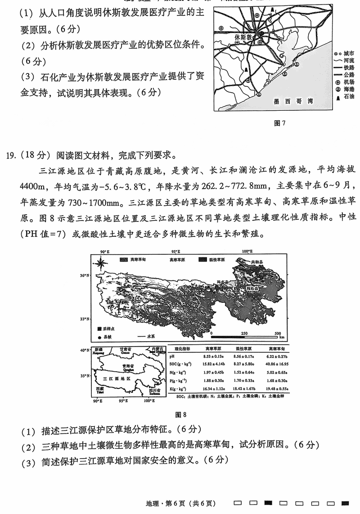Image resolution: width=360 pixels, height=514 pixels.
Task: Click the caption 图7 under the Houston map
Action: coord(280,123)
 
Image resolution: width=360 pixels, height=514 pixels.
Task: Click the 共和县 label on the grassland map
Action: coord(256,262)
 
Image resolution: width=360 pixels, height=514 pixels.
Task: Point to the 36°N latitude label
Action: coord(85,275)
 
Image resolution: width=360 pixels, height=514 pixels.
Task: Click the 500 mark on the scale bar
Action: coord(278,333)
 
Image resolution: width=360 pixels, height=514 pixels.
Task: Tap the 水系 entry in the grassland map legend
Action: coord(147,337)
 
